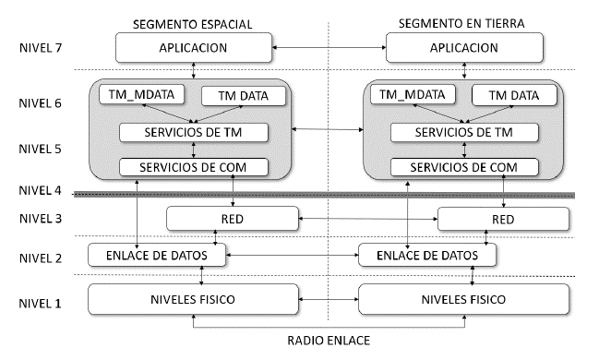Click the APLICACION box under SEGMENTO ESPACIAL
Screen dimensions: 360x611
point(194,46)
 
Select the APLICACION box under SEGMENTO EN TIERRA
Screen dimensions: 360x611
point(464,46)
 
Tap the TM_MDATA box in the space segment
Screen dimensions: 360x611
point(138,94)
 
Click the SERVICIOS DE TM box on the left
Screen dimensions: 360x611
point(194,132)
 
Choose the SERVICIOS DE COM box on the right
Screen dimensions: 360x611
point(463,167)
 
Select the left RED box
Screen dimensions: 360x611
point(233,219)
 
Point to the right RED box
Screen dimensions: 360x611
point(503,219)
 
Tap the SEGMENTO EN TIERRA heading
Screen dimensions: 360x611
point(464,21)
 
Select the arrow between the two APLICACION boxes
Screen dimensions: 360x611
point(329,46)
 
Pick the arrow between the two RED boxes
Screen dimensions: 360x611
point(368,219)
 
